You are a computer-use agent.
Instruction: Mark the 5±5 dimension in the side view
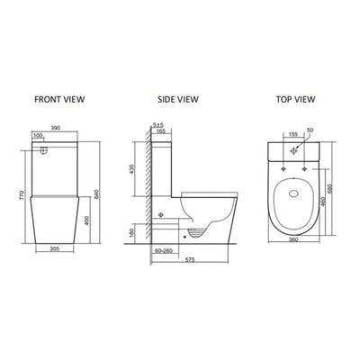click(158, 125)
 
